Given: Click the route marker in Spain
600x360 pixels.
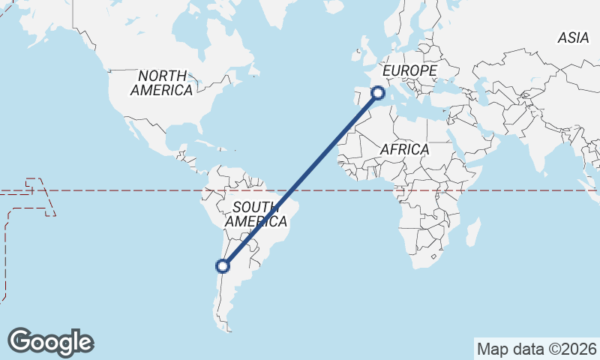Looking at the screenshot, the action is pyautogui.click(x=377, y=93).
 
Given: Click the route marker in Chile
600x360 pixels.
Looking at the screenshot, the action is pyautogui.click(x=222, y=265).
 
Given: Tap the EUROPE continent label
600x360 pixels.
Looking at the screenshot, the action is pyautogui.click(x=409, y=70).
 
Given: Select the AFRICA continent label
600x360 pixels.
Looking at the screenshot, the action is pyautogui.click(x=404, y=149).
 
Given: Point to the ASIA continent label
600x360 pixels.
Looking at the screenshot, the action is pyautogui.click(x=573, y=38).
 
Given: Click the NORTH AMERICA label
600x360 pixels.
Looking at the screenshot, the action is pyautogui.click(x=162, y=82).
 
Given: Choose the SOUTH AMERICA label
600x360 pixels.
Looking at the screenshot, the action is pyautogui.click(x=255, y=214).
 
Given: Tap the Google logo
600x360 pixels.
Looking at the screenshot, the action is pyautogui.click(x=50, y=342).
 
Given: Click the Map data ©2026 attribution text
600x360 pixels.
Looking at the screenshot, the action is pyautogui.click(x=536, y=349).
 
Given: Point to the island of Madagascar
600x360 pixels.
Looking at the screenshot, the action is pyautogui.click(x=472, y=232).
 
